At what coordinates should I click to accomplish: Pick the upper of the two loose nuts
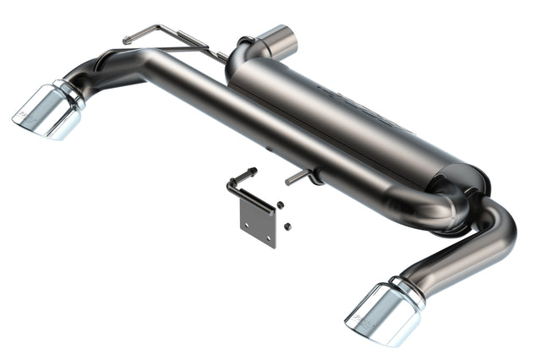280,205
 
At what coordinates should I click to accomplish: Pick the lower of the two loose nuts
287,226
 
